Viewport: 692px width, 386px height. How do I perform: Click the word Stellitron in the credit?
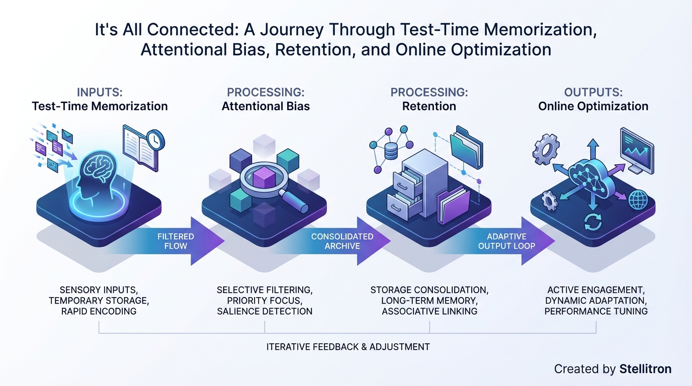coord(646,369)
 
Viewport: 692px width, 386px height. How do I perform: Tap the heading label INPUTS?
coord(100,92)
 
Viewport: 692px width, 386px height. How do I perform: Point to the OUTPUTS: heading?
coord(593,92)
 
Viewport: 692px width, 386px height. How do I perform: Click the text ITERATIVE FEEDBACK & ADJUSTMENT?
coord(348,347)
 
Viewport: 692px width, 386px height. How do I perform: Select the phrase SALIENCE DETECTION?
coord(265,311)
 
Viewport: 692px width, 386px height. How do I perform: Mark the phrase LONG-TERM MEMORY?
coord(429,301)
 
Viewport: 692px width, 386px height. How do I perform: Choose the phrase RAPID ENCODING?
coord(100,311)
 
